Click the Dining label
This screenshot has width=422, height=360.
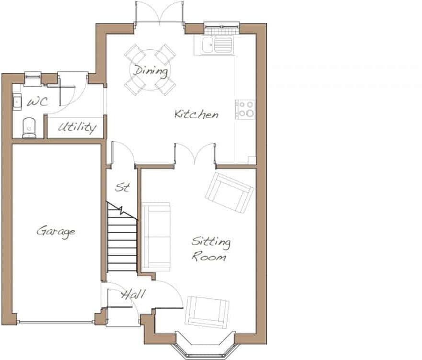click(150, 71)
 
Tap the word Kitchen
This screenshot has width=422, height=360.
click(196, 114)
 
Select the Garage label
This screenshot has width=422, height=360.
click(56, 232)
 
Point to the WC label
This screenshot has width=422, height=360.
click(37, 102)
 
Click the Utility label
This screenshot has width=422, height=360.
click(77, 127)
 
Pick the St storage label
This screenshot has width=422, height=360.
click(123, 187)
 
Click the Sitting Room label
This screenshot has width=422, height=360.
click(211, 249)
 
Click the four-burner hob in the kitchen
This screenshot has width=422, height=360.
click(246, 109)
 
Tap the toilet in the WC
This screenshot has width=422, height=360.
click(29, 127)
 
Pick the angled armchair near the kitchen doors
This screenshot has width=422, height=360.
click(229, 191)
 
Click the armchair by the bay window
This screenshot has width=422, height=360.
click(207, 312)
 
